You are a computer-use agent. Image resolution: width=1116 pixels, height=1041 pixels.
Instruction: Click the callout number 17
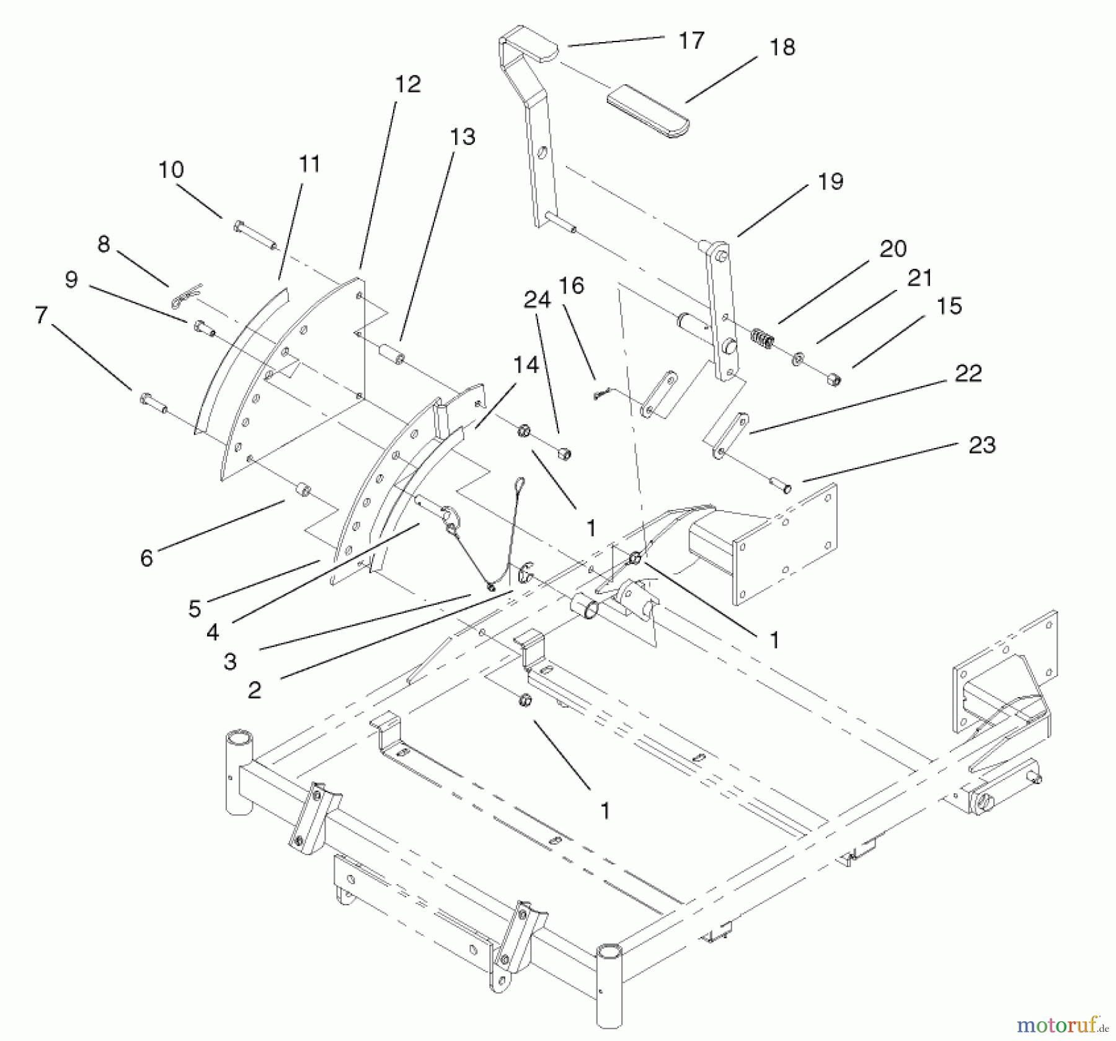(x=691, y=41)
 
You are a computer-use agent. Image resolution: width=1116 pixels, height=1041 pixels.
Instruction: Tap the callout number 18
(x=782, y=47)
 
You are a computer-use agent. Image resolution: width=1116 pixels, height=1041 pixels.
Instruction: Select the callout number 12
(x=407, y=84)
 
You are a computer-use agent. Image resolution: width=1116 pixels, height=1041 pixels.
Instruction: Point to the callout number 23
(x=982, y=445)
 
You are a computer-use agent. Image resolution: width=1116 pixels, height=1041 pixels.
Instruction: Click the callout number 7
(x=41, y=315)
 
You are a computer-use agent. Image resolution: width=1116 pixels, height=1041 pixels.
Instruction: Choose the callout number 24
(x=537, y=300)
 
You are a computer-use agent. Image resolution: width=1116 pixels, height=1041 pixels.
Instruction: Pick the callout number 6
(x=146, y=558)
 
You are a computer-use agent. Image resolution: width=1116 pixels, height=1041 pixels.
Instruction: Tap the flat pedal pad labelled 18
(x=647, y=112)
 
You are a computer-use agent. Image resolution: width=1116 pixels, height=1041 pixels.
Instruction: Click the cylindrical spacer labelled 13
(x=392, y=356)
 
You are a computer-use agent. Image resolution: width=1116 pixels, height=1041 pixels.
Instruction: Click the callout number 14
(x=526, y=366)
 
